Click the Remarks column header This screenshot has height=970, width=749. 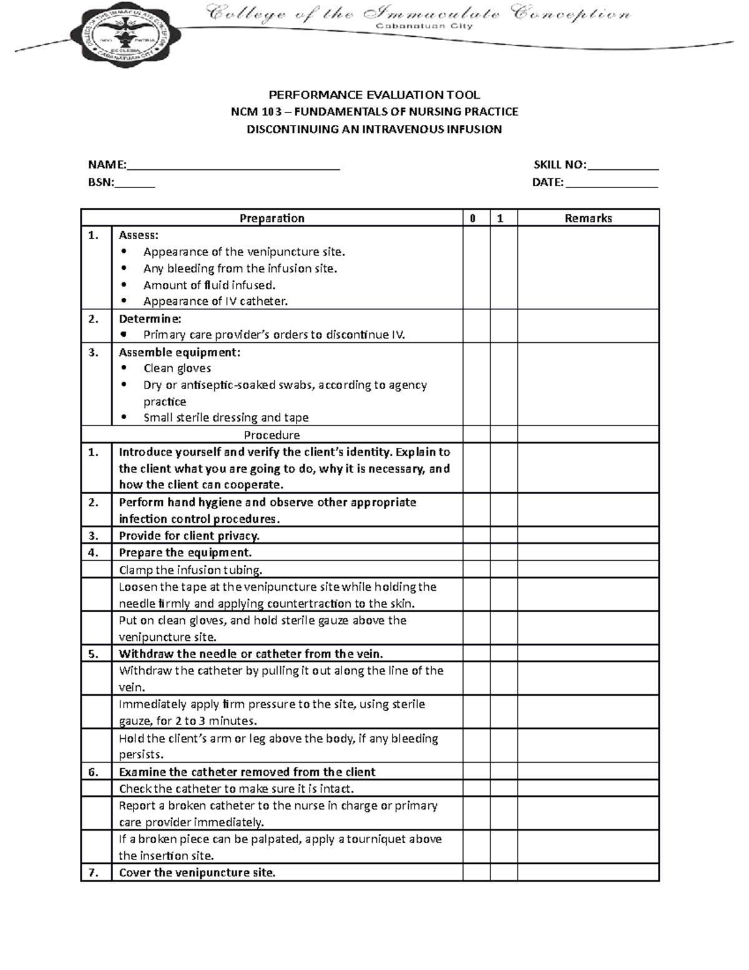[x=588, y=218]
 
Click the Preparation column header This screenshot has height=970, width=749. [x=272, y=218]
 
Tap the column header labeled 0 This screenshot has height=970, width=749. [x=473, y=218]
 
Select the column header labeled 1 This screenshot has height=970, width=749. [x=500, y=218]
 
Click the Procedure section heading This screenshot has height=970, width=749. [x=272, y=435]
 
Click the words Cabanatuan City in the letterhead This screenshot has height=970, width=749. [x=423, y=26]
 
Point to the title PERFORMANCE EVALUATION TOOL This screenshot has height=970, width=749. [x=374, y=95]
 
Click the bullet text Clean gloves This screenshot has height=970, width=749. [x=177, y=369]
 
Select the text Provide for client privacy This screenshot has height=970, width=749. [x=189, y=535]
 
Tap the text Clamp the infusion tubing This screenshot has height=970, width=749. [x=190, y=570]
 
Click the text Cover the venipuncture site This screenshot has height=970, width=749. [x=197, y=873]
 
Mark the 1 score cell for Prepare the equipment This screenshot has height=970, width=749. [x=503, y=552]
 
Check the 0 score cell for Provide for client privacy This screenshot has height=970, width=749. [x=476, y=535]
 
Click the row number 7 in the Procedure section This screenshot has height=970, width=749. [x=94, y=873]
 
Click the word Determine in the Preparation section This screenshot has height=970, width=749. [x=150, y=319]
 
